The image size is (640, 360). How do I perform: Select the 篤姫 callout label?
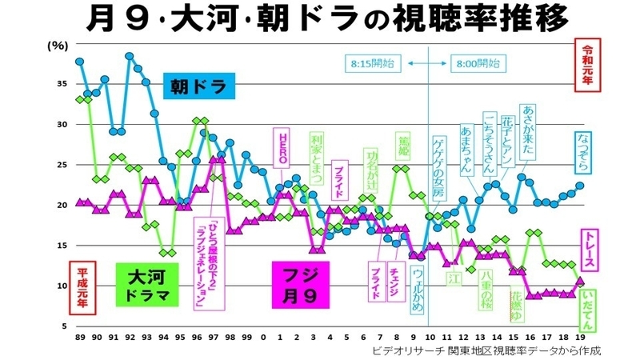(404, 148)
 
